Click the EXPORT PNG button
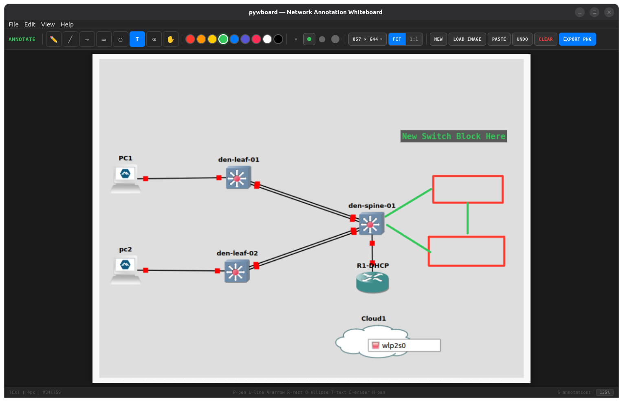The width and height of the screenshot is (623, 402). click(577, 39)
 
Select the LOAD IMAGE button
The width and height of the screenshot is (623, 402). click(467, 39)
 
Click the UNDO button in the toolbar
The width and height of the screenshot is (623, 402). click(522, 39)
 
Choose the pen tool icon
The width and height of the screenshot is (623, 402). click(53, 39)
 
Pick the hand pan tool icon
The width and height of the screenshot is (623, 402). click(170, 39)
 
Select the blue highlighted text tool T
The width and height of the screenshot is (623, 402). click(137, 39)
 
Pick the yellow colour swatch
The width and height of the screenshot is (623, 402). click(212, 39)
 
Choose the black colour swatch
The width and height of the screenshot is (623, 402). click(278, 39)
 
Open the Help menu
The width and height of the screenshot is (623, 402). click(67, 24)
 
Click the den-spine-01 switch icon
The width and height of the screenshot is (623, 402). click(371, 224)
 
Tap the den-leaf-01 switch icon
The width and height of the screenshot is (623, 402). click(238, 178)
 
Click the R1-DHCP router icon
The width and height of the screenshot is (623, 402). click(372, 282)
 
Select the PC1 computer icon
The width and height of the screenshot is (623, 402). click(125, 178)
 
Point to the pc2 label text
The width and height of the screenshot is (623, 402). click(125, 249)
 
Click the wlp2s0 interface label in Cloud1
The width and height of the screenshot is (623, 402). click(393, 345)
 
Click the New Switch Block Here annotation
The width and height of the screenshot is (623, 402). click(453, 136)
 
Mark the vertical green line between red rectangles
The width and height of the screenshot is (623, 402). click(467, 219)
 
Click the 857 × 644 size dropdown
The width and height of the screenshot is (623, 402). click(367, 39)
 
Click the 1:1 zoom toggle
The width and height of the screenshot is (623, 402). click(414, 39)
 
